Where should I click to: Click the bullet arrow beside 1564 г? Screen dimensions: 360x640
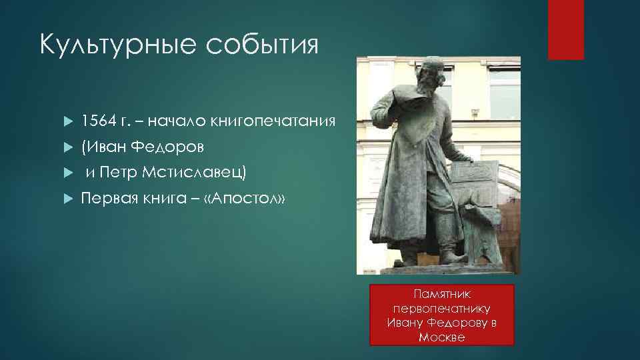tap(67, 121)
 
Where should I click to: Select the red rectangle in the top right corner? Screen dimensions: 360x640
tap(565, 30)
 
